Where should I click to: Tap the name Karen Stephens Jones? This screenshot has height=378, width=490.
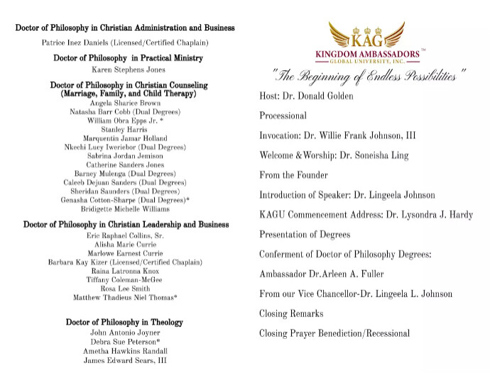point(129,70)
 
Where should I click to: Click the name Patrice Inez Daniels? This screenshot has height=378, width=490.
point(125,43)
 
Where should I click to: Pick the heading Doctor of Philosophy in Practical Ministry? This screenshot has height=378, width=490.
point(129,57)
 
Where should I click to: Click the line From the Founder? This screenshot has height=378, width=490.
point(293,174)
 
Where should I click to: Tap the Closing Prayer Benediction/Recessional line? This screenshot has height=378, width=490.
point(334,333)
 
